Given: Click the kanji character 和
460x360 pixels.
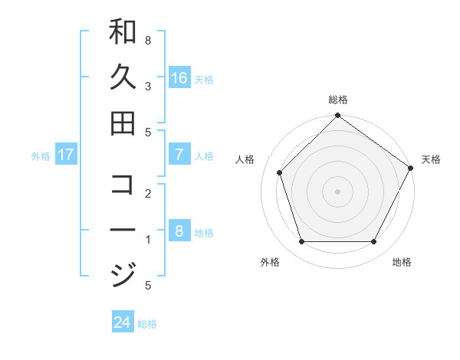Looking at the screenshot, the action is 123,32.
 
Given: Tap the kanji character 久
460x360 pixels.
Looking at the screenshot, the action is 123,77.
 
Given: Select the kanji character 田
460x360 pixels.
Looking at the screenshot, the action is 123,123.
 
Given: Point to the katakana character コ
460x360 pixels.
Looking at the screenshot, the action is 123,185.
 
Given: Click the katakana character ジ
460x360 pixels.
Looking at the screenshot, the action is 123,274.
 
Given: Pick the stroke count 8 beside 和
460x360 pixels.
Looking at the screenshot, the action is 148,39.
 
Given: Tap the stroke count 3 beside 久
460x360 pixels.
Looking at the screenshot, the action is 148,86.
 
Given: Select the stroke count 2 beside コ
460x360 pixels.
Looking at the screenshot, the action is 148,193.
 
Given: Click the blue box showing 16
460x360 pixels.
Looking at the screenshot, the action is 179,78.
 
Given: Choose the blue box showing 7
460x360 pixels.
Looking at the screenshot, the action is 179,155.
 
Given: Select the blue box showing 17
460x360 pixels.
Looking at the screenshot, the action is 66,155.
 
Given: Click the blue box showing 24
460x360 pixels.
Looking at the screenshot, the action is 123,322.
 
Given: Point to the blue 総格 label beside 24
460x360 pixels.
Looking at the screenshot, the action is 147,324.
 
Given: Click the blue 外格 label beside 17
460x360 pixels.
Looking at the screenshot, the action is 41,156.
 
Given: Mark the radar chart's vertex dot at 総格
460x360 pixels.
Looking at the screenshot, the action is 337,116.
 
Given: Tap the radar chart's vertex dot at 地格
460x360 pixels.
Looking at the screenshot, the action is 373,242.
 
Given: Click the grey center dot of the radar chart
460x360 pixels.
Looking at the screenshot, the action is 337,191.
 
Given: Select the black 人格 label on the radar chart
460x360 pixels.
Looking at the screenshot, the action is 245,159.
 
